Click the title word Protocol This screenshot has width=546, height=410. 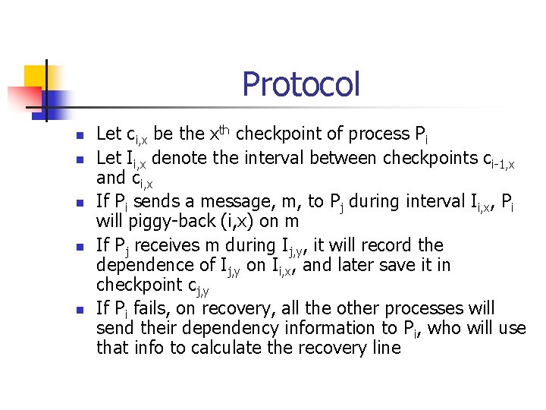(x=301, y=84)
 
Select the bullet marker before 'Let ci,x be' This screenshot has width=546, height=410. (x=77, y=135)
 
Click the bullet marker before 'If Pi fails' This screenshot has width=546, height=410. (x=77, y=310)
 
